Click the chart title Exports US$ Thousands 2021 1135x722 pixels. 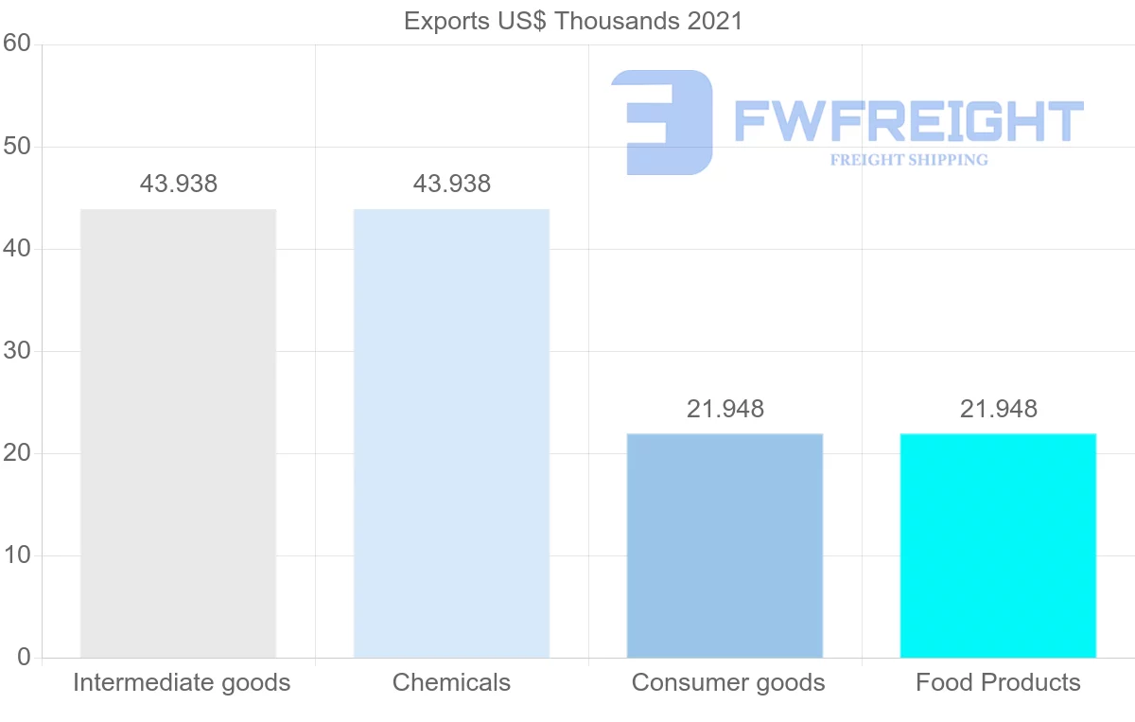(x=573, y=21)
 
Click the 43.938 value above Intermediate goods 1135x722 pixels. (x=179, y=184)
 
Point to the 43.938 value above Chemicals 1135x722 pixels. (x=452, y=184)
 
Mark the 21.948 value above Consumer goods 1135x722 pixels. (x=725, y=409)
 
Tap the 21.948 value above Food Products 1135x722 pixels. (x=999, y=409)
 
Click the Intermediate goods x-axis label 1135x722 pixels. (x=182, y=682)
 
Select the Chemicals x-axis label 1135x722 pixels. (x=451, y=682)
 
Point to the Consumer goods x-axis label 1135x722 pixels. (x=728, y=682)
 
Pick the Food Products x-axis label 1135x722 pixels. (x=998, y=682)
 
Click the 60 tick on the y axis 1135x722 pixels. (x=17, y=44)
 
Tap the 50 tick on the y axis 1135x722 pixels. (x=17, y=147)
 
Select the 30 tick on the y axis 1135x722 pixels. (x=17, y=351)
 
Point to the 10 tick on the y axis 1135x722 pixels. (x=17, y=555)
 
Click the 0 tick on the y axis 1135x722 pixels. (x=24, y=658)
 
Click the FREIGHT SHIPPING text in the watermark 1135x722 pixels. (x=909, y=160)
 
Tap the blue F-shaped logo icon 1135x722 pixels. (x=662, y=121)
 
